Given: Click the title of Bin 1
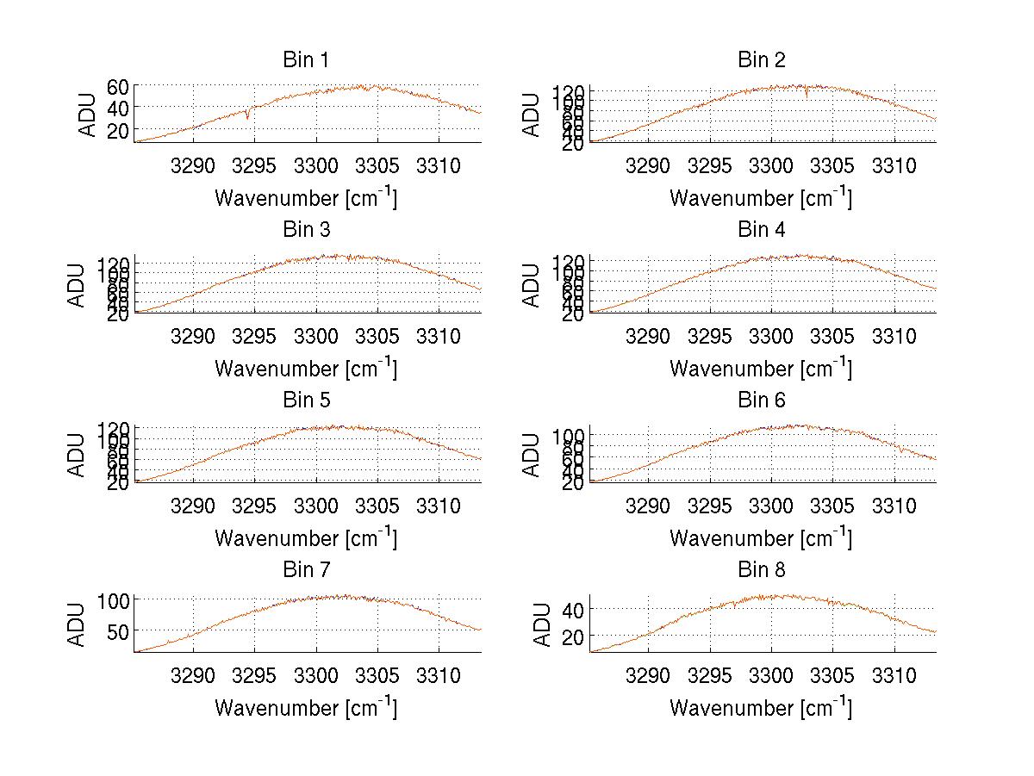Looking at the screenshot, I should [x=306, y=60].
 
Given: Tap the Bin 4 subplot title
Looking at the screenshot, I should [x=762, y=230].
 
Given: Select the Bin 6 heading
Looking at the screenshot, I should [x=762, y=400].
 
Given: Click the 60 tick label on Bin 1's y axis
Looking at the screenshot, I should [x=118, y=86].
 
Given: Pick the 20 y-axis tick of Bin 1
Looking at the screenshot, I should [x=118, y=129].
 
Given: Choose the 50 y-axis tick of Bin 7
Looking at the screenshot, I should [x=118, y=630].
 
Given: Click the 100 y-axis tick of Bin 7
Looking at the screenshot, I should [x=114, y=599].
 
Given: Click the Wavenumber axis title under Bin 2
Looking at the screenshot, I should [x=762, y=198].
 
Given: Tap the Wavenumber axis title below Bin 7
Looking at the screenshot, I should [x=306, y=708].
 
